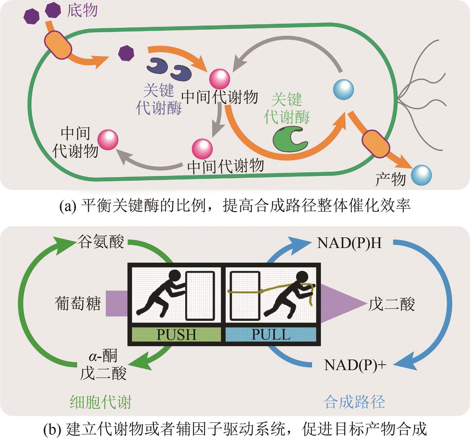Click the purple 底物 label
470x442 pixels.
point(82,11)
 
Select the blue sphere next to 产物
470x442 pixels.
point(421,175)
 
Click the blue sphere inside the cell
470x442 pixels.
point(343,89)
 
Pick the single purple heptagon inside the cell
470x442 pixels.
point(126,53)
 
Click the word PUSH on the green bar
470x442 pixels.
point(176,335)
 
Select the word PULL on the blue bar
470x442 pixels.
point(271,335)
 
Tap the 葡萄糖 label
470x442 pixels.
point(78,303)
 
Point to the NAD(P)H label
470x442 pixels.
point(349,243)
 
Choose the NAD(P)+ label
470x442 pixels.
point(355,365)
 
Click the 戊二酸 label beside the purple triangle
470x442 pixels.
point(391,304)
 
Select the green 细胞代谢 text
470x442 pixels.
point(101,402)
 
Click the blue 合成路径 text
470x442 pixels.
point(354,402)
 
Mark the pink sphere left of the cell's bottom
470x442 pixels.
point(108,140)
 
